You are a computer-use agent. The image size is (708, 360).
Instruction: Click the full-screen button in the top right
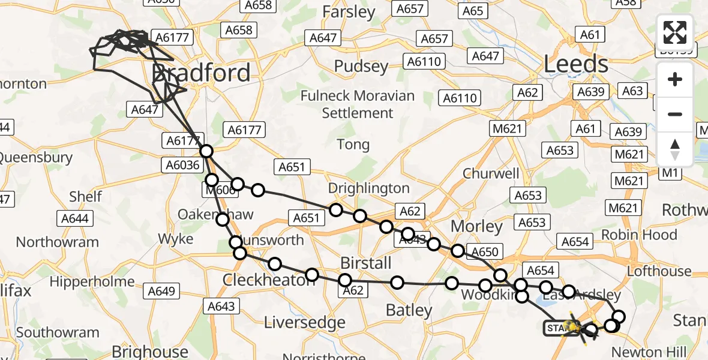675,32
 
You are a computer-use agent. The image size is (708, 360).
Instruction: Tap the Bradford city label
201,73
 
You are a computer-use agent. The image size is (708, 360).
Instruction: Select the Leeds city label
575,64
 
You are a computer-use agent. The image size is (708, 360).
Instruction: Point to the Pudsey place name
362,66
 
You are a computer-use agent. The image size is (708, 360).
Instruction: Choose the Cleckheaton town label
269,280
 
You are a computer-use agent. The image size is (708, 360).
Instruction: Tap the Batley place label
409,310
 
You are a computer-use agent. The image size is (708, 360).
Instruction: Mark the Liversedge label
305,322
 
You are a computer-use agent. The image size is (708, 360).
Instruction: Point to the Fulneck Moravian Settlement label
358,104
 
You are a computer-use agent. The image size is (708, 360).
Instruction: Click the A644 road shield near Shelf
74,218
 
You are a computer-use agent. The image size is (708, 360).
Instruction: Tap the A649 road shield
161,292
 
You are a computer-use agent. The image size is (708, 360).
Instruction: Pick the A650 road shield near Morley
485,253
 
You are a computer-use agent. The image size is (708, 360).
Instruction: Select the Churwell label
491,173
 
